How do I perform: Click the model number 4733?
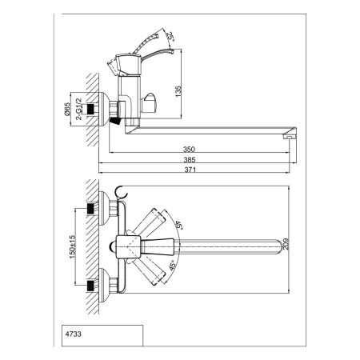(74, 334)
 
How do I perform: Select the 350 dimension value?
(189, 149)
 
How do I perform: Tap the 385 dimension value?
(190, 160)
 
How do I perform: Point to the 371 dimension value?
(190, 170)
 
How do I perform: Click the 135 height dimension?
(178, 91)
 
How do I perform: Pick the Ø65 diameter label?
(66, 109)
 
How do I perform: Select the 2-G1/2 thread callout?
(79, 109)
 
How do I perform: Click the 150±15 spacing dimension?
(73, 246)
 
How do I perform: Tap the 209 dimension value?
(286, 244)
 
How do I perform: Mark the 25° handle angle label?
(170, 37)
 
